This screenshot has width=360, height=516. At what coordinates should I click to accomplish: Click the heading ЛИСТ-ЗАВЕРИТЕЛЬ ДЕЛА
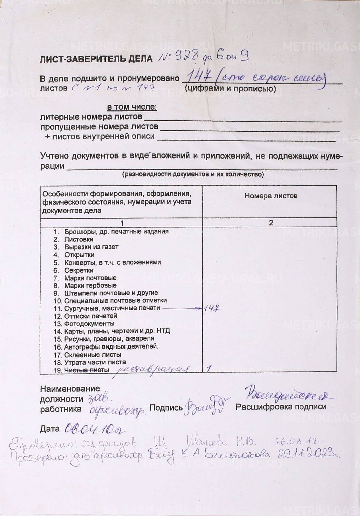96,59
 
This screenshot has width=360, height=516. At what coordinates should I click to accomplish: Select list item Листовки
79,239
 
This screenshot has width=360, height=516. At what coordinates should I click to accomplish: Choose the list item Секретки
79,270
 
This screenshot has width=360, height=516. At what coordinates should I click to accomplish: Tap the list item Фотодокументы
89,324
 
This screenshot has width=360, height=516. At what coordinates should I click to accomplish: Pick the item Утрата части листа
95,362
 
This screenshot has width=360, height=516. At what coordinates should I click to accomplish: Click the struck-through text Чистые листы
86,370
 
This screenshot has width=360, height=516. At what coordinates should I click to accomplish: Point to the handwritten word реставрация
151,370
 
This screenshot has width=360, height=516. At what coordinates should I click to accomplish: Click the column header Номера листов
271,196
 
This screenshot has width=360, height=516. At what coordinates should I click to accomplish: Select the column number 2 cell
271,223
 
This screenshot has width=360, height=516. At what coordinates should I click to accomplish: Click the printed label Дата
50,429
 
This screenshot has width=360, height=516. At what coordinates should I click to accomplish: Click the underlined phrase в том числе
132,107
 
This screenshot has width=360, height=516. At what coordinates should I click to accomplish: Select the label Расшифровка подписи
281,407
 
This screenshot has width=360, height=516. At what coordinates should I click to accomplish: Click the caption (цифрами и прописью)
230,89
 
